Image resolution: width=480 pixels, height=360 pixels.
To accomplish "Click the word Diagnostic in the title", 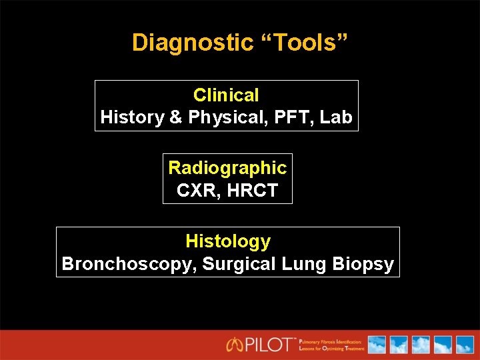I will coord(193,43).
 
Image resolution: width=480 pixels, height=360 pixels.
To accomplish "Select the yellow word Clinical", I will coord(226,95).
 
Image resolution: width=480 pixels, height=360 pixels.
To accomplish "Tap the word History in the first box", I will coord(132,117).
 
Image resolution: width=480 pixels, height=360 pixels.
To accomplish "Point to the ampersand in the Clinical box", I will coord(176,117).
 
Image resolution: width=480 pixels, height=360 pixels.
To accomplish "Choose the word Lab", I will coord(336,117).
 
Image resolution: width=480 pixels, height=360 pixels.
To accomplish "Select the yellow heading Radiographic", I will coord(227,168).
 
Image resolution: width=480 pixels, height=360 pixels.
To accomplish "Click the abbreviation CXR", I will coord(197,191).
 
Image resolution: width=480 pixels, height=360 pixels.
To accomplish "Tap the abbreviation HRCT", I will coord(252,191).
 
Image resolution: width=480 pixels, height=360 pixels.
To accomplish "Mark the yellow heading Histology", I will coord(228,241).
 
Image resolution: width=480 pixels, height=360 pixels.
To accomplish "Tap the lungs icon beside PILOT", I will coord(235,345).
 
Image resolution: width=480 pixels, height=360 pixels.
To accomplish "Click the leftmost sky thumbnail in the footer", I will coord(377,345).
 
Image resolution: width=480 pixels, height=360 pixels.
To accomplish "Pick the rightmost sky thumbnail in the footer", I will coord(463,345).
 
